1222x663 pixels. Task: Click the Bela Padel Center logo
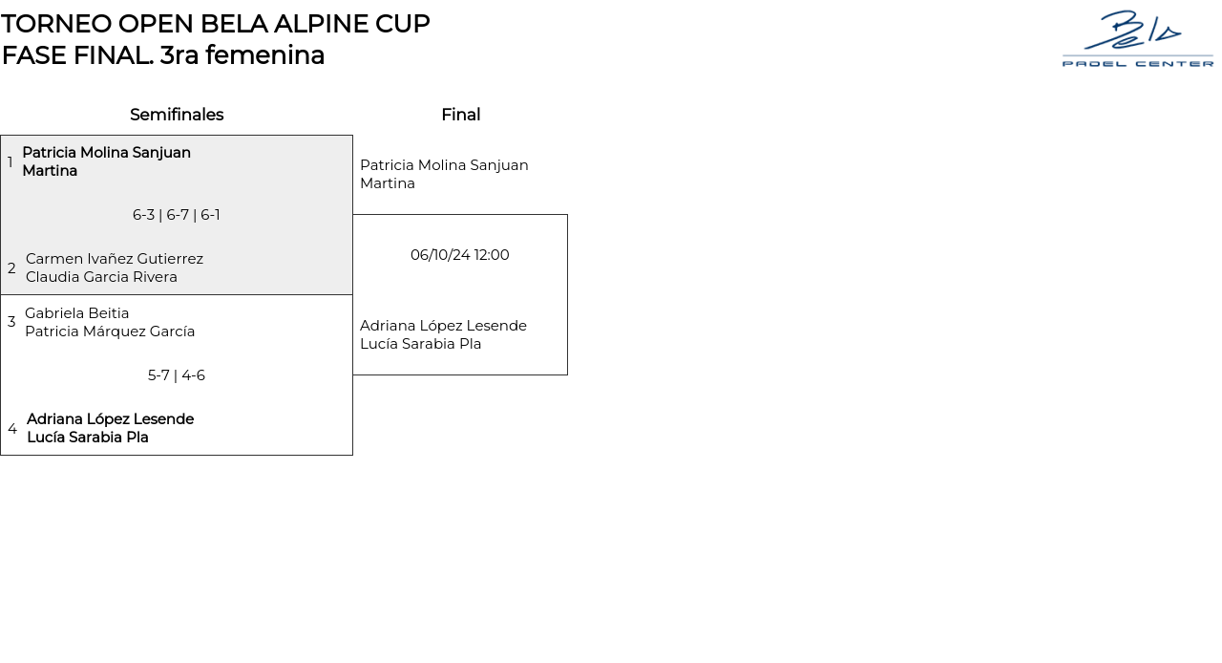[1137, 39]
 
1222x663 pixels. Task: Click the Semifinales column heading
[177, 115]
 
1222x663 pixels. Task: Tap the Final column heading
[460, 115]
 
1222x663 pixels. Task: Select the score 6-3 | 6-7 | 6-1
[177, 215]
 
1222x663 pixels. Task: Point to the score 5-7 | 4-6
[177, 375]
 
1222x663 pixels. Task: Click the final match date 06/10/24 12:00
[460, 255]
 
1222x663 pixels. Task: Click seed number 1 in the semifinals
[11, 162]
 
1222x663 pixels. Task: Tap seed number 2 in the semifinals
[11, 268]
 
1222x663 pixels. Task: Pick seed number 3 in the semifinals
[11, 322]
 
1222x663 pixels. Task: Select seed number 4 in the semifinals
[12, 429]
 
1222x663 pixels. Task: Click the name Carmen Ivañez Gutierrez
[115, 259]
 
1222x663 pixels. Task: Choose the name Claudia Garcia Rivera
[101, 277]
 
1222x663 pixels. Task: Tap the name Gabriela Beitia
[77, 313]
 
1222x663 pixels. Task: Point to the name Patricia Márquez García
[110, 331]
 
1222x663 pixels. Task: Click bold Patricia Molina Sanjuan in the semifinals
[106, 153]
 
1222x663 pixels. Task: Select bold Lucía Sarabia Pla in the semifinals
[88, 438]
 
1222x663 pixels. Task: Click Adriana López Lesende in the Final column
[443, 326]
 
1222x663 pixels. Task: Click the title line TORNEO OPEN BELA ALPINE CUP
[216, 24]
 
